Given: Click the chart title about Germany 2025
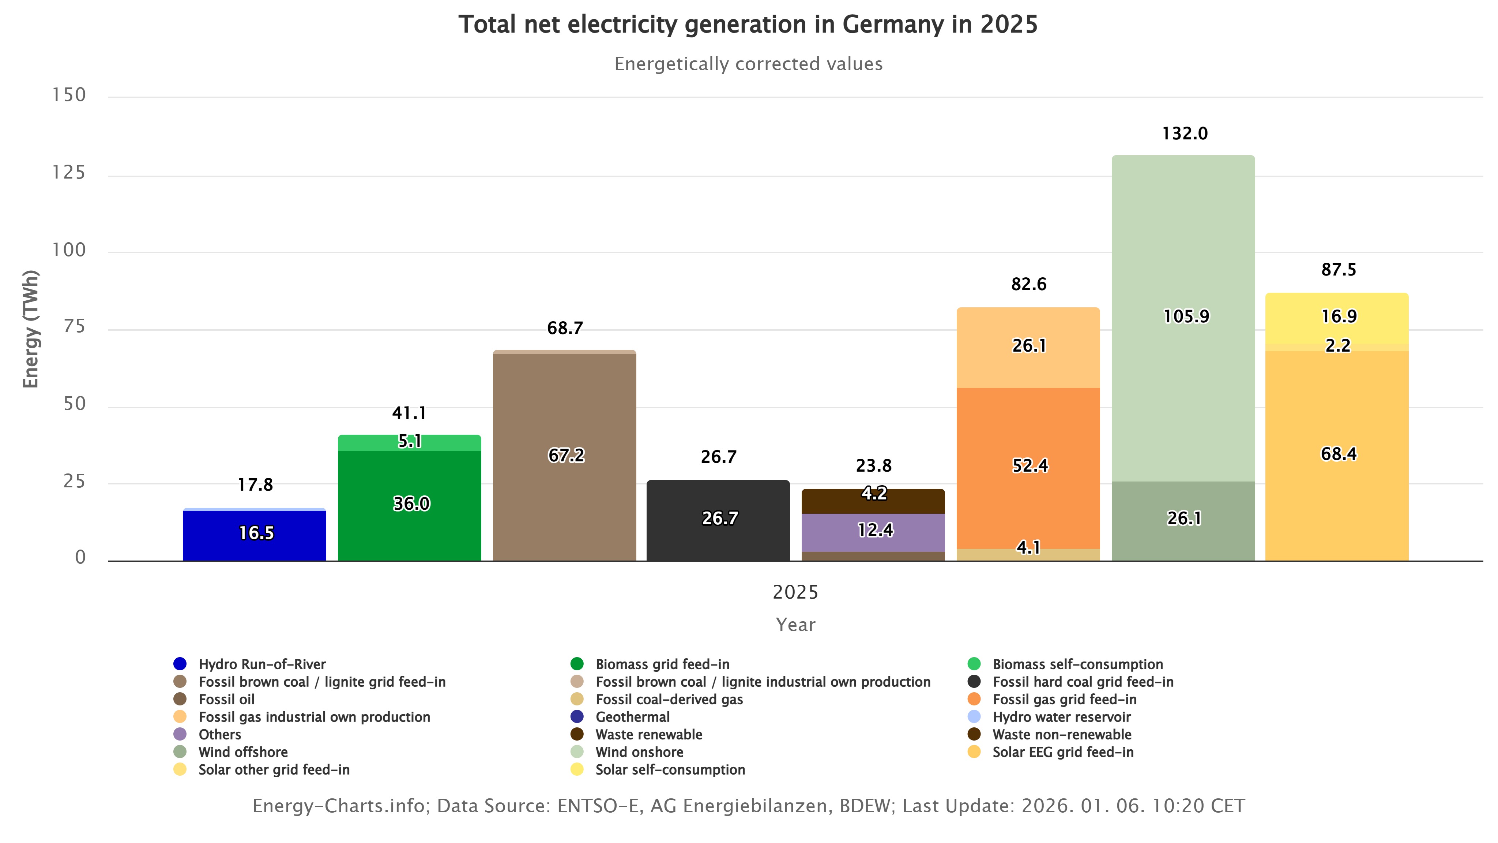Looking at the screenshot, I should pos(748,25).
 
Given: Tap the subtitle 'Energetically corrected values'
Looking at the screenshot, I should pos(748,64).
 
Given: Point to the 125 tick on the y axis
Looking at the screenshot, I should pos(69,173).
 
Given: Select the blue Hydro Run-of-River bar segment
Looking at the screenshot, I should pos(254,535).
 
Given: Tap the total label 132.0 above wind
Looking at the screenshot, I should pos(1185,134).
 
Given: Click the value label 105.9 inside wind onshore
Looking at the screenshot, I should pos(1186,316).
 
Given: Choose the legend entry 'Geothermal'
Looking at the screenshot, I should pos(632,717).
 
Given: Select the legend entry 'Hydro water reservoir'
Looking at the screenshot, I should pos(1061,717).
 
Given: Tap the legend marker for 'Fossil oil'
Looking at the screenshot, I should pos(180,699).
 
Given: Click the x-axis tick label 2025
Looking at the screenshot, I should pos(795,592).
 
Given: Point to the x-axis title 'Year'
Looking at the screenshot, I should pos(795,625).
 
